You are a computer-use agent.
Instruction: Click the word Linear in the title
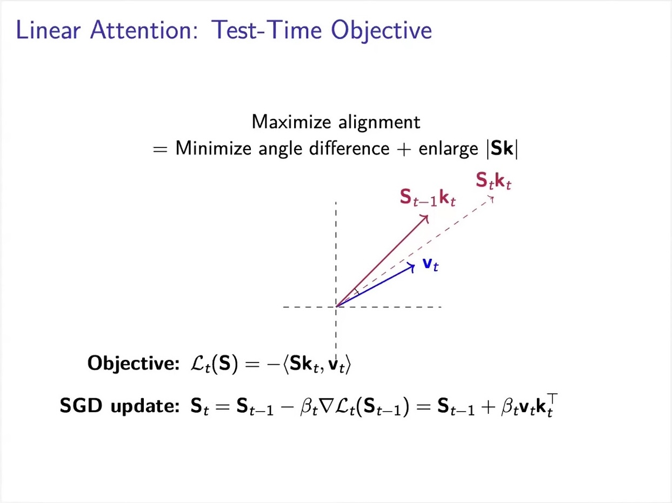48,30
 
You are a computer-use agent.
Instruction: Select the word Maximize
291,122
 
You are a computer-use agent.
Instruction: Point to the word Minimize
214,149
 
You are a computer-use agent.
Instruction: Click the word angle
281,150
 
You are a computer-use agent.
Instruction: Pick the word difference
349,149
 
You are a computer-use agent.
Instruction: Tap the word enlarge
448,150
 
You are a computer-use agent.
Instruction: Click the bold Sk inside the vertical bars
502,149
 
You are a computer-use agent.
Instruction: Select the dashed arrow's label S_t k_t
493,181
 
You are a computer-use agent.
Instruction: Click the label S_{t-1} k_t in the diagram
428,198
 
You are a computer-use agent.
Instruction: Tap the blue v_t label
430,264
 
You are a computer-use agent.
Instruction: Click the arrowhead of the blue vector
411,267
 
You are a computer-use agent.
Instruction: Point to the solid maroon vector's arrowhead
424,219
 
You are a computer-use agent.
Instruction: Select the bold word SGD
81,406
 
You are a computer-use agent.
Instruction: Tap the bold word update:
145,407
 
